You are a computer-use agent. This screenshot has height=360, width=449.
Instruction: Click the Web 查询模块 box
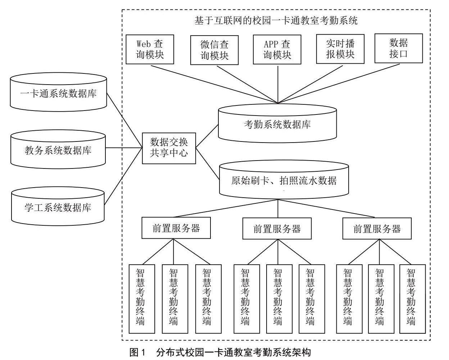point(150,49)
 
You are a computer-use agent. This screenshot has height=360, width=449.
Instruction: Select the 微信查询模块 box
point(214,50)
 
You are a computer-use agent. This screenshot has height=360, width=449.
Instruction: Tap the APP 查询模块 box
point(277,50)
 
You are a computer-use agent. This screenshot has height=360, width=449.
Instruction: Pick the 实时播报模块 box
point(340,49)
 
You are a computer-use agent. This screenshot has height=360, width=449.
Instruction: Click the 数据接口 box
point(398,48)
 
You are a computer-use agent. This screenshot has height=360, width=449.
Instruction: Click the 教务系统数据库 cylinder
point(58,149)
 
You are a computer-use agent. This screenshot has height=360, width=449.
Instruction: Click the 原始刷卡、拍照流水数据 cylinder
point(284,180)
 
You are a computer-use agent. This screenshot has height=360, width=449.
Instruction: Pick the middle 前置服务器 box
point(277,228)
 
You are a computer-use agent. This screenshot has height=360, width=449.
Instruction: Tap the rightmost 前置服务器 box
point(377,228)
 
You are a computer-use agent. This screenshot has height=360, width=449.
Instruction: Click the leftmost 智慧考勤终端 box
point(142,299)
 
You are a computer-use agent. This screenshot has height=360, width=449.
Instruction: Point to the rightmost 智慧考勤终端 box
point(412,299)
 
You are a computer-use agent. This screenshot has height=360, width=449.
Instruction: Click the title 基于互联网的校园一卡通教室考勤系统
point(276,20)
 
